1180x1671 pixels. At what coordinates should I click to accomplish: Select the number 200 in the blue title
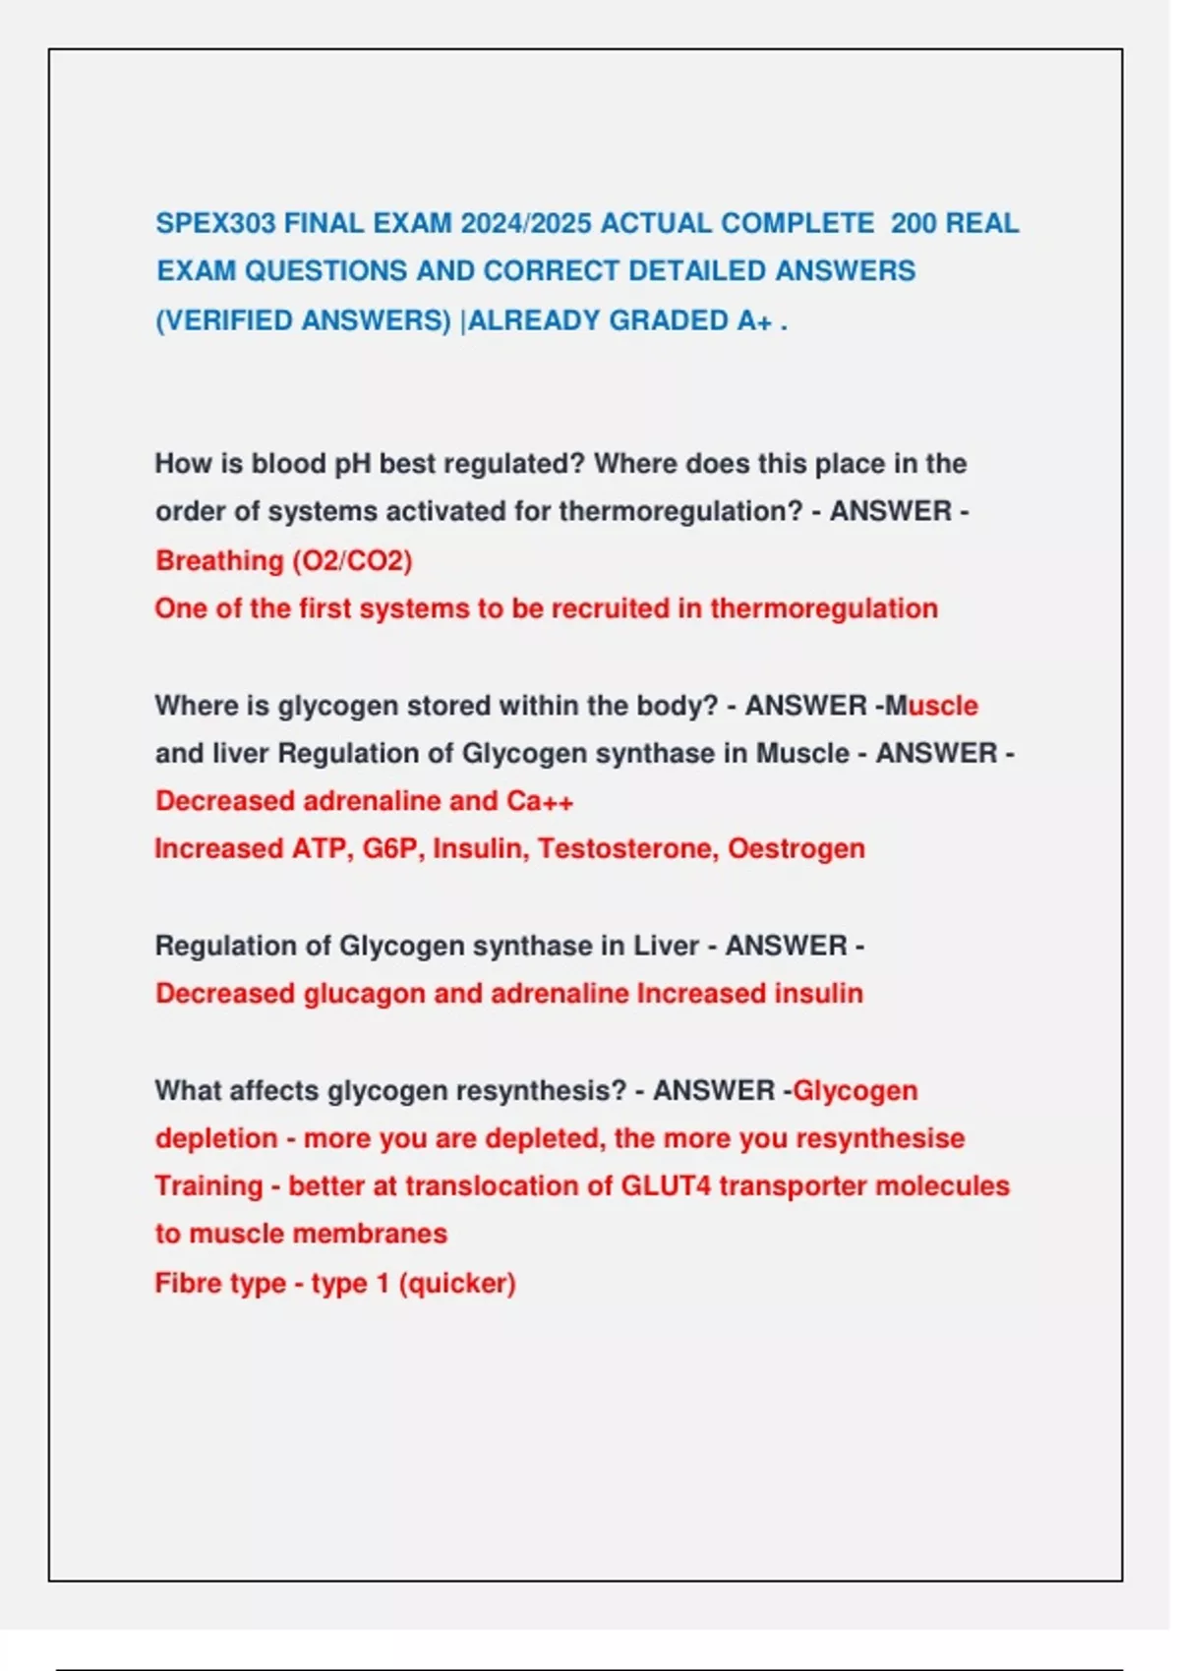(914, 224)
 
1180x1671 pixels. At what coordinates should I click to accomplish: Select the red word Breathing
(219, 560)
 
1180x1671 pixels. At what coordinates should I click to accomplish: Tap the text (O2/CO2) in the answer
(352, 560)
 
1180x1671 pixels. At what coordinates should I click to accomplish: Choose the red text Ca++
(540, 801)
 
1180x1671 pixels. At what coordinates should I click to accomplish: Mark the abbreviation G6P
(389, 848)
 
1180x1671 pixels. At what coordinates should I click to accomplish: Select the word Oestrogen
(796, 848)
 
